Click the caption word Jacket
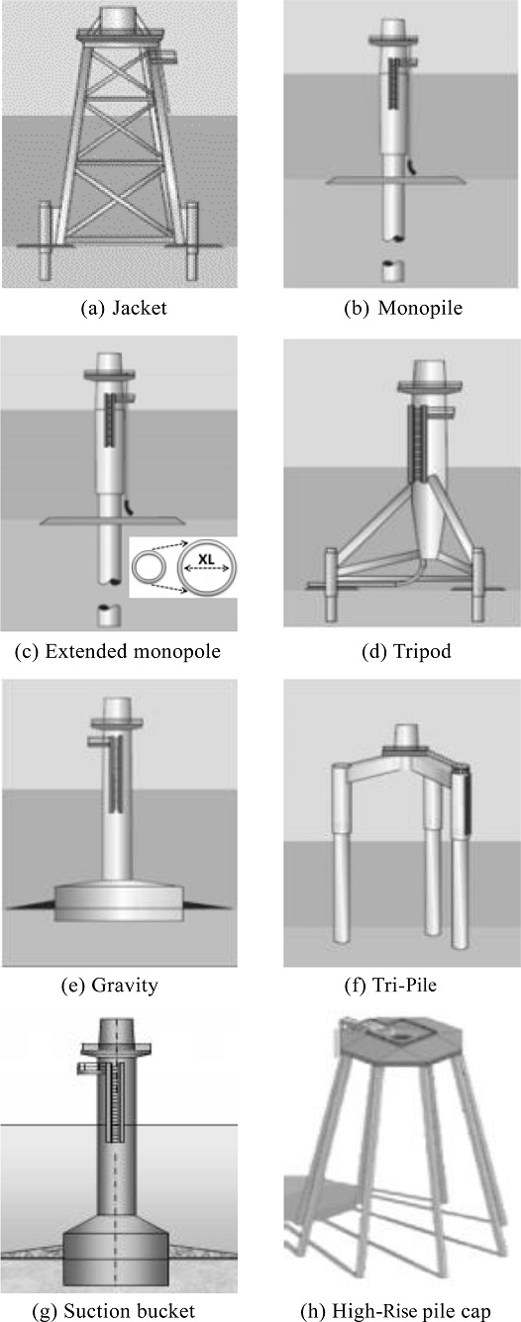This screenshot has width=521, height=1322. tap(140, 308)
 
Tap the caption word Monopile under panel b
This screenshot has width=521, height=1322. tap(420, 308)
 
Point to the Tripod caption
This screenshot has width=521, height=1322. tap(422, 651)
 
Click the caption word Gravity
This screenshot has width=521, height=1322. tap(125, 985)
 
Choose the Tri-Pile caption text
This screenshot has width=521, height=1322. tap(405, 985)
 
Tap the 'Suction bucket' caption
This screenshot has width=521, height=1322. tap(130, 1311)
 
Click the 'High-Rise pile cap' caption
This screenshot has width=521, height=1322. tap(412, 1311)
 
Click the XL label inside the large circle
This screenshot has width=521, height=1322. tap(206, 558)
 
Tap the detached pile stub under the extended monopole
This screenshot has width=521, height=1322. tap(110, 614)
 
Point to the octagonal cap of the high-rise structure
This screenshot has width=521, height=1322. tap(400, 1041)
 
